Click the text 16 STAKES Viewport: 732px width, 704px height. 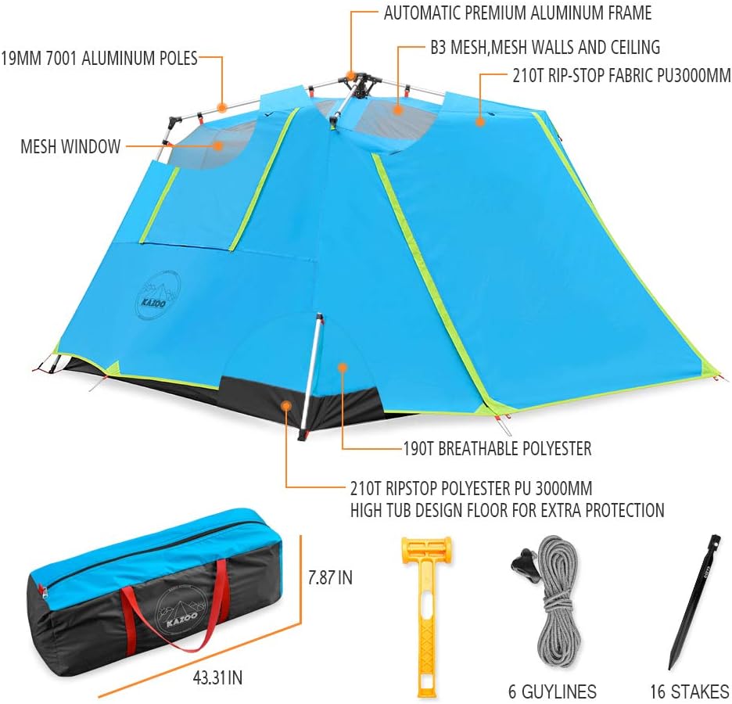[x=689, y=691]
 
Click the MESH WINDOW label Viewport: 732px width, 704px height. [x=70, y=146]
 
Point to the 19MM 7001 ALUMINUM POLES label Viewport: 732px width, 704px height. [x=99, y=57]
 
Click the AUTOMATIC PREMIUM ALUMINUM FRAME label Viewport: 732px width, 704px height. [x=517, y=13]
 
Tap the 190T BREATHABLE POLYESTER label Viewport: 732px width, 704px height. [x=497, y=449]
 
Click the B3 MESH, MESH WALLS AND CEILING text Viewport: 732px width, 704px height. [x=544, y=47]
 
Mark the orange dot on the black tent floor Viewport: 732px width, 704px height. [x=287, y=406]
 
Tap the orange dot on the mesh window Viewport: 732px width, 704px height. [x=221, y=145]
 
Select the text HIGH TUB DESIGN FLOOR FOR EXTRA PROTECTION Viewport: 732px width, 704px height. [x=508, y=511]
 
